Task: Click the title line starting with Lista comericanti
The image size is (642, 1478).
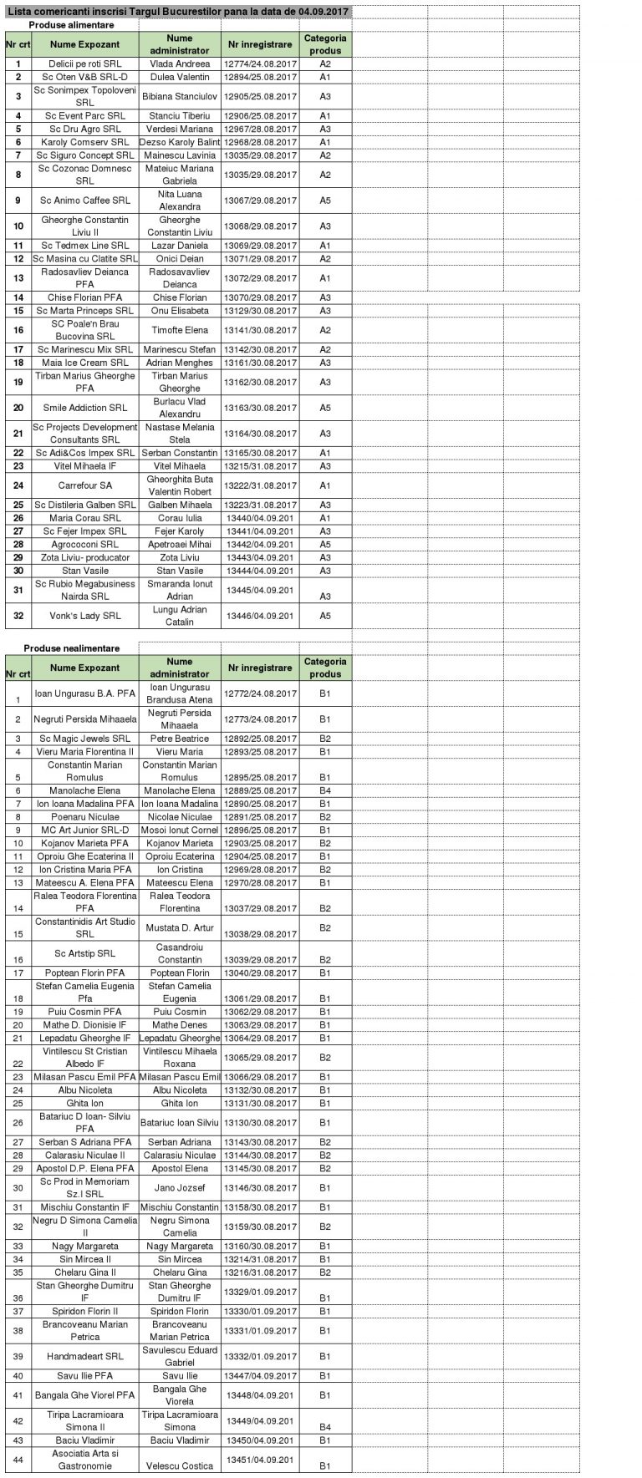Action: (x=177, y=10)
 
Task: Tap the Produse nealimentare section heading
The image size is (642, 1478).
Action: (x=71, y=648)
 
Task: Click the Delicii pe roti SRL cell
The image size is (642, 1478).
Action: (x=84, y=63)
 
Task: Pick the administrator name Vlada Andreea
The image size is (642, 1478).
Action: (x=180, y=63)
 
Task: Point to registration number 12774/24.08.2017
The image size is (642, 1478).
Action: (x=260, y=63)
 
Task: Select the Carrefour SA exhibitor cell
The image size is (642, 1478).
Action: (x=84, y=485)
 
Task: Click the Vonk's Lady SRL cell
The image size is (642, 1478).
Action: (x=84, y=616)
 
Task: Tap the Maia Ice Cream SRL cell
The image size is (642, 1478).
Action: (x=84, y=363)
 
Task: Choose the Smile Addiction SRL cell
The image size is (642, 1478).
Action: (x=84, y=408)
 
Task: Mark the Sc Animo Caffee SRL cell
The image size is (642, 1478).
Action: (x=84, y=201)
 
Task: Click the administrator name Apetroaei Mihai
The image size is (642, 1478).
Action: (x=180, y=544)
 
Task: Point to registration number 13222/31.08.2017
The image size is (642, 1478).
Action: (x=260, y=485)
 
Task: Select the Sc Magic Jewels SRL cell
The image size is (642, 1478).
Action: (x=84, y=739)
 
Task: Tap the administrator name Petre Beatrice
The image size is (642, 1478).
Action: (x=180, y=739)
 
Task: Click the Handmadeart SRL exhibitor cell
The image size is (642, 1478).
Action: (x=84, y=1356)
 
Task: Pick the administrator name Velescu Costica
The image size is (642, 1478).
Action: (x=180, y=1460)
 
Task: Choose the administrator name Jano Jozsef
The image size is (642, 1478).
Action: (x=180, y=1188)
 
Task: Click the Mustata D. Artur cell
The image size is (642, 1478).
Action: (x=180, y=927)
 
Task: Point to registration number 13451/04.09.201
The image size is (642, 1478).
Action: (x=260, y=1454)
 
